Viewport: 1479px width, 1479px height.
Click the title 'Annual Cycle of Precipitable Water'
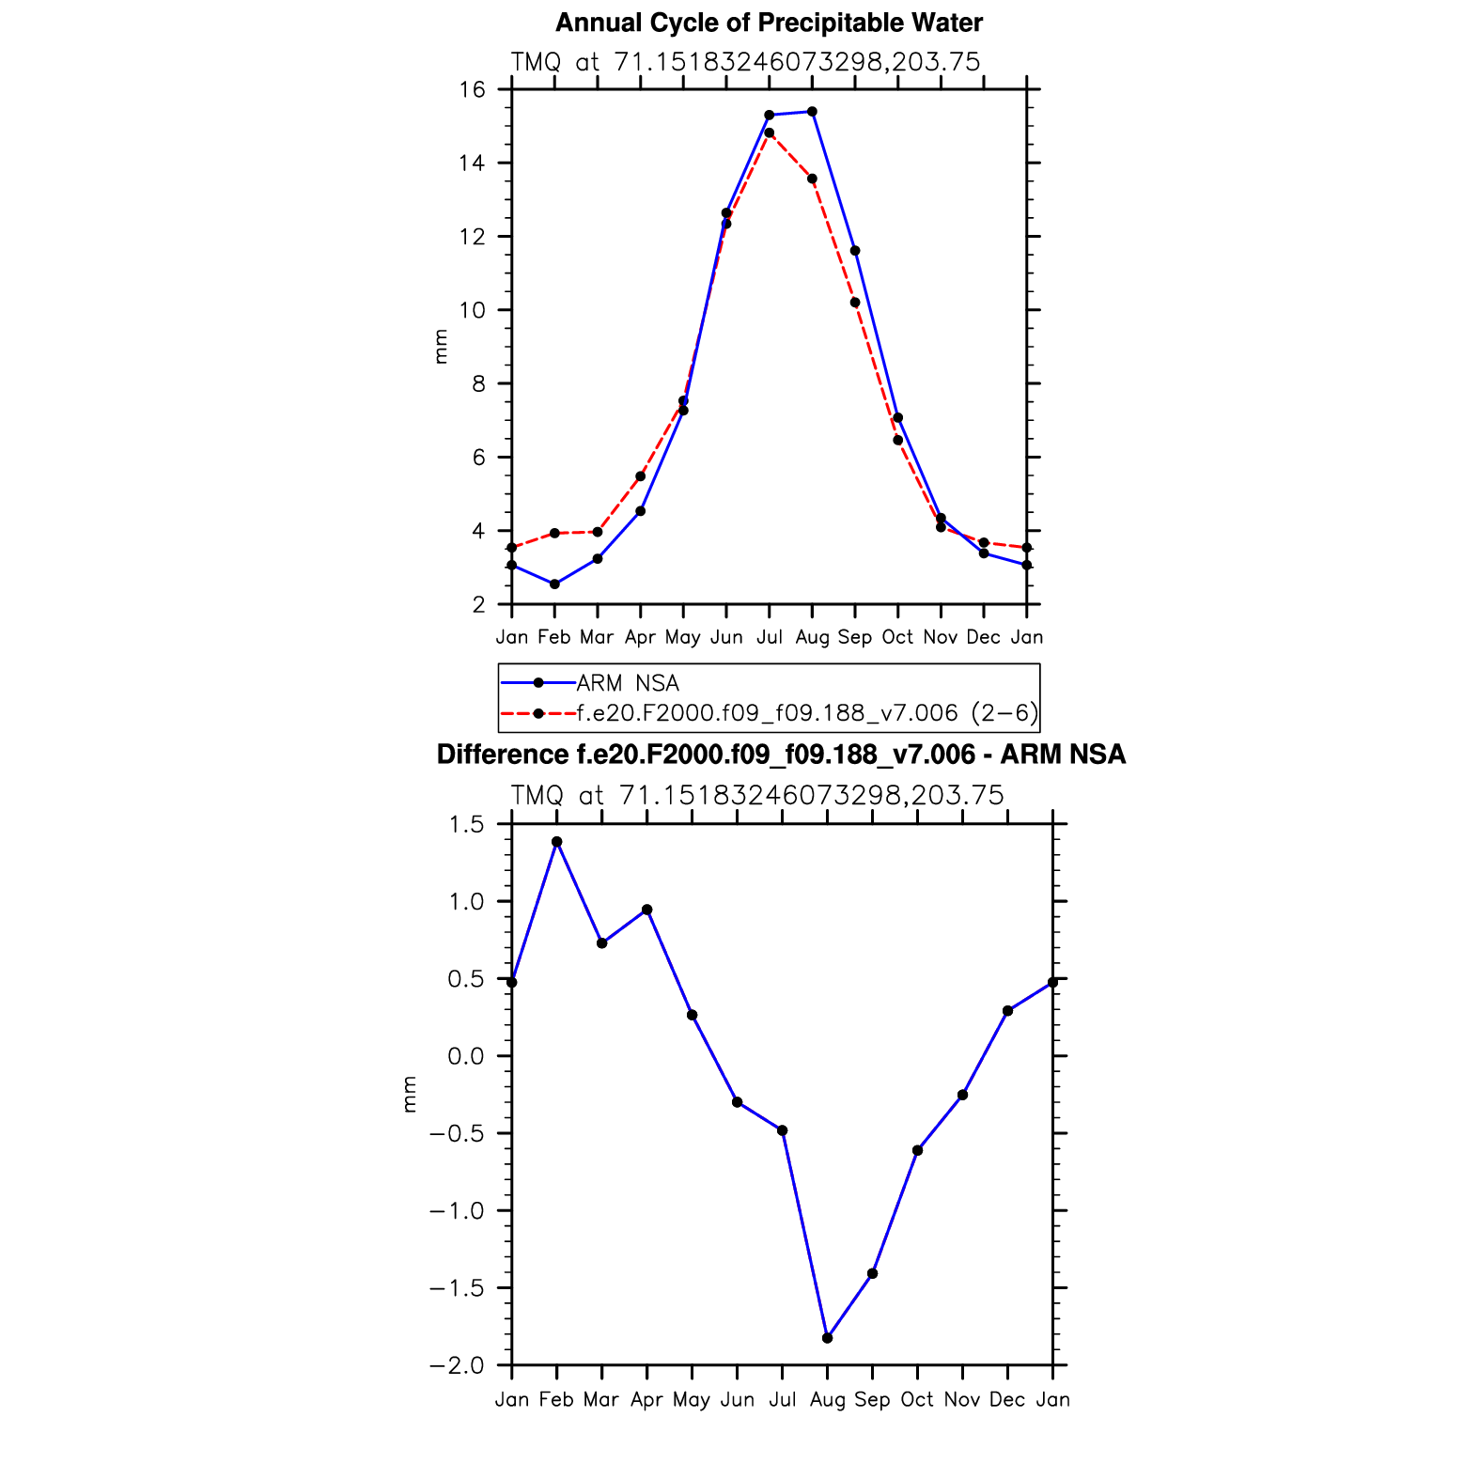pyautogui.click(x=769, y=23)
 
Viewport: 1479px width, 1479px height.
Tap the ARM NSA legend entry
pyautogui.click(x=627, y=683)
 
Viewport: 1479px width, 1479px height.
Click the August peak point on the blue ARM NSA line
pyautogui.click(x=812, y=112)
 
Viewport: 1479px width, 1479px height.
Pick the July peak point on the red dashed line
pyautogui.click(x=770, y=133)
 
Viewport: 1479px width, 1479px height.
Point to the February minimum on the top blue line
pyautogui.click(x=554, y=584)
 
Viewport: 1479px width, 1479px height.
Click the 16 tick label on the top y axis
pyautogui.click(x=473, y=90)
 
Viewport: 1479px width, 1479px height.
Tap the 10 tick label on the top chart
pyautogui.click(x=473, y=310)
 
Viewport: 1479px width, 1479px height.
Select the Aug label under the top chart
pyautogui.click(x=812, y=638)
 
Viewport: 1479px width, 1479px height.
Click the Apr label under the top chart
pyautogui.click(x=640, y=638)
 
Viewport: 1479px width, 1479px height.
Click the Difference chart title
pyautogui.click(x=781, y=755)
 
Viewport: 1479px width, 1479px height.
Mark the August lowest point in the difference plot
pyautogui.click(x=827, y=1338)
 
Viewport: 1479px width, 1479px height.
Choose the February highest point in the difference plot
pyautogui.click(x=556, y=842)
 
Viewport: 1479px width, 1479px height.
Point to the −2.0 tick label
pyautogui.click(x=457, y=1365)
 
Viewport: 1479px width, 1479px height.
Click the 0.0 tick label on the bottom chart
pyautogui.click(x=465, y=1056)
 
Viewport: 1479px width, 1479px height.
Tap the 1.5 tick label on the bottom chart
pyautogui.click(x=466, y=825)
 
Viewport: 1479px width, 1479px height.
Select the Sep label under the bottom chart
pyautogui.click(x=872, y=1400)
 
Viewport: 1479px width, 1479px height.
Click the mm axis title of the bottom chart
pyautogui.click(x=410, y=1095)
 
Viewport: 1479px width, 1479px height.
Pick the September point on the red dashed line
pyautogui.click(x=855, y=303)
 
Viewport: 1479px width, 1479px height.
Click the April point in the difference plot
pyautogui.click(x=647, y=910)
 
